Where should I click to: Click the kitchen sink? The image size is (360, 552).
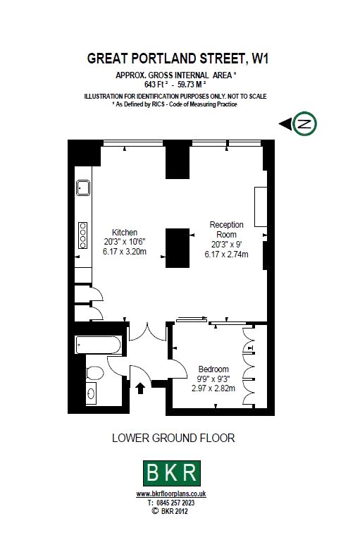click(83, 188)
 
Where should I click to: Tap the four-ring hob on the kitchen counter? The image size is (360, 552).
click(82, 235)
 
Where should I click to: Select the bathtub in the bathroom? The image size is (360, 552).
click(99, 345)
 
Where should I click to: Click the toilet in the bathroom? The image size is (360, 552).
click(94, 373)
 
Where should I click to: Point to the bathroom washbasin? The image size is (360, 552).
click(91, 393)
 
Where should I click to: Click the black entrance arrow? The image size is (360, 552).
click(140, 388)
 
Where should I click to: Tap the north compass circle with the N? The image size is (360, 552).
click(305, 123)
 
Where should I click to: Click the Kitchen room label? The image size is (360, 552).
click(125, 233)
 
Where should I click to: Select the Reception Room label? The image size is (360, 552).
click(227, 230)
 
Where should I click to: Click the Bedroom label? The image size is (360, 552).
click(213, 369)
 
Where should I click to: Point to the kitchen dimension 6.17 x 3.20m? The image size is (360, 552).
click(125, 252)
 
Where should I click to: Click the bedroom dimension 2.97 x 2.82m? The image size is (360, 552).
click(213, 388)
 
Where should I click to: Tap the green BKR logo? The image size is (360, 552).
click(172, 473)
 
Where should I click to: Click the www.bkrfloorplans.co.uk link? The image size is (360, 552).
click(171, 494)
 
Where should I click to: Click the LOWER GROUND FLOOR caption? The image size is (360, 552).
click(173, 438)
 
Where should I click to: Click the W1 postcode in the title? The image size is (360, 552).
click(261, 59)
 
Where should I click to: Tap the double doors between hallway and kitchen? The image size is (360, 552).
click(148, 333)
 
